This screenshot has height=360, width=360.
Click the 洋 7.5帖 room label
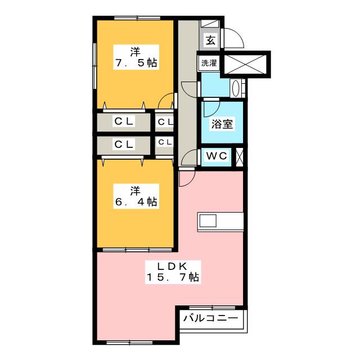(136, 57)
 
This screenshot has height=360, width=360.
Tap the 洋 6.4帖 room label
(136, 196)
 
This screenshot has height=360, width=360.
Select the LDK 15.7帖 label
(173, 272)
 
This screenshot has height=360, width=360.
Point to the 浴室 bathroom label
(222, 124)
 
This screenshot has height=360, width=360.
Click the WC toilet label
(217, 156)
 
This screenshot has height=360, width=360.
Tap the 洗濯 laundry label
(209, 63)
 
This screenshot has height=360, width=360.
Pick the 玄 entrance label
(210, 40)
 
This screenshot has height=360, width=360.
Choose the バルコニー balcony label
(210, 318)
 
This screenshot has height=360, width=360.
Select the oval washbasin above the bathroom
(236, 88)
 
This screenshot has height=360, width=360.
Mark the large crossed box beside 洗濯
(245, 65)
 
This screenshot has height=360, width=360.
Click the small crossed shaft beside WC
(240, 157)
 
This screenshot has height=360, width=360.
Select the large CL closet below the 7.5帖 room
(124, 122)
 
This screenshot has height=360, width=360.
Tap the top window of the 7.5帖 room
(137, 17)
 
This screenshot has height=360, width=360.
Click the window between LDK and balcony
(212, 308)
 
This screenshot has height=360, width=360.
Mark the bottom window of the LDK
(130, 343)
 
